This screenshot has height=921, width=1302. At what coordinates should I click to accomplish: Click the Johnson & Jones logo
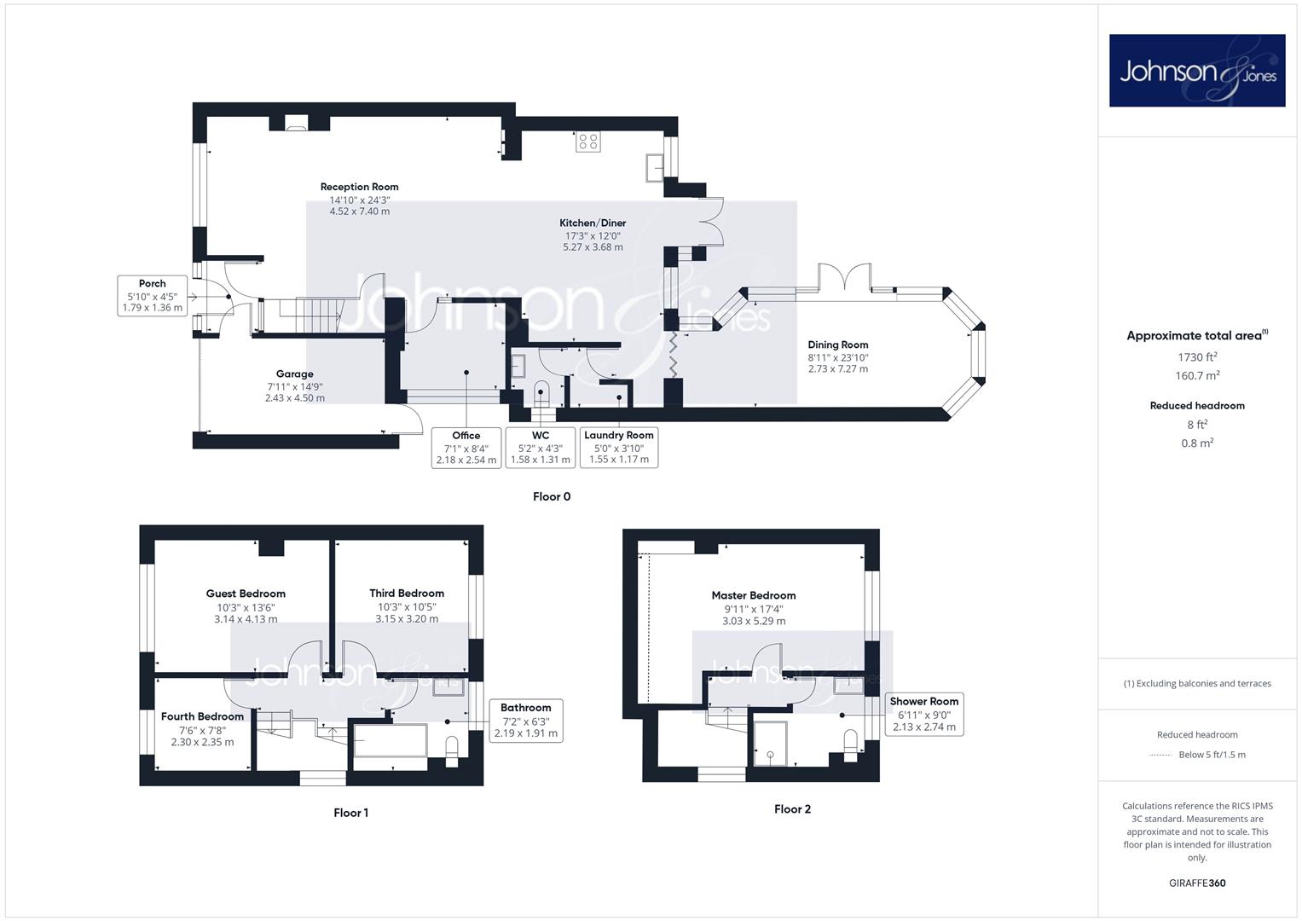(1197, 70)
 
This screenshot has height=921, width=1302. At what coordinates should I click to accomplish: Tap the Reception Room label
(359, 187)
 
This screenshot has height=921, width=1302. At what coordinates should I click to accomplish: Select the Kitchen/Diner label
(593, 223)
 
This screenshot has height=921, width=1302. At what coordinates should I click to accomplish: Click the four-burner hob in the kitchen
(587, 142)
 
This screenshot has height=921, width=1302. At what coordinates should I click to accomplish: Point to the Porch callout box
(153, 295)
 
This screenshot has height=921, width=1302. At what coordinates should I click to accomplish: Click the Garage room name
(295, 374)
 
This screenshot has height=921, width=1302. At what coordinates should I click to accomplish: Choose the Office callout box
(466, 448)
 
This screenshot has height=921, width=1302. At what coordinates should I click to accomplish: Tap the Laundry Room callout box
(619, 448)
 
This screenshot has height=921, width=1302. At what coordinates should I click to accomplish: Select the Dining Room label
(837, 345)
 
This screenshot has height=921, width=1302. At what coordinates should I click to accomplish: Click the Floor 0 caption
(552, 496)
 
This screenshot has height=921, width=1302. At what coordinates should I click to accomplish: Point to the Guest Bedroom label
(246, 594)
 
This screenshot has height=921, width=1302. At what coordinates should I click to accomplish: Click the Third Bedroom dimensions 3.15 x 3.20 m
(407, 618)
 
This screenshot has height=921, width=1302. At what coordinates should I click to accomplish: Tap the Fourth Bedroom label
(202, 716)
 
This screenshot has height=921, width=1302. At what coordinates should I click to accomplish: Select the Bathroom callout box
(526, 721)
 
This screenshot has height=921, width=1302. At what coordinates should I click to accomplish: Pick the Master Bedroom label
(753, 595)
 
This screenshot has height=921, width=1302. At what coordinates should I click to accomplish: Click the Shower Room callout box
(924, 714)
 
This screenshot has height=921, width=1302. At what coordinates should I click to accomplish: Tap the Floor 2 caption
(792, 809)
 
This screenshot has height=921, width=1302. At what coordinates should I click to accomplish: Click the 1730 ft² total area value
(1197, 357)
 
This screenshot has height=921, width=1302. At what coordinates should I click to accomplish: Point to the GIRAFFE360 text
(1197, 883)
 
